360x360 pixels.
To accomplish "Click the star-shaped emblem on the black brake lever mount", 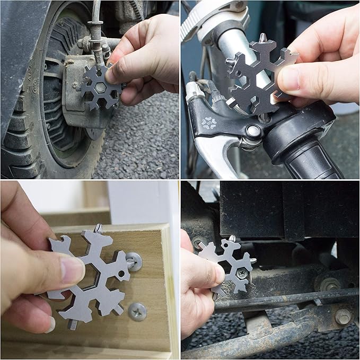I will coord(208,123).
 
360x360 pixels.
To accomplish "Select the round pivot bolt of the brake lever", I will coord(253,131).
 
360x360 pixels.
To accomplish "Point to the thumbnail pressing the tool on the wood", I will coord(71,268).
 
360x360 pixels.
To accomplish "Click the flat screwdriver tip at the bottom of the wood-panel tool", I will coord(72,325).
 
